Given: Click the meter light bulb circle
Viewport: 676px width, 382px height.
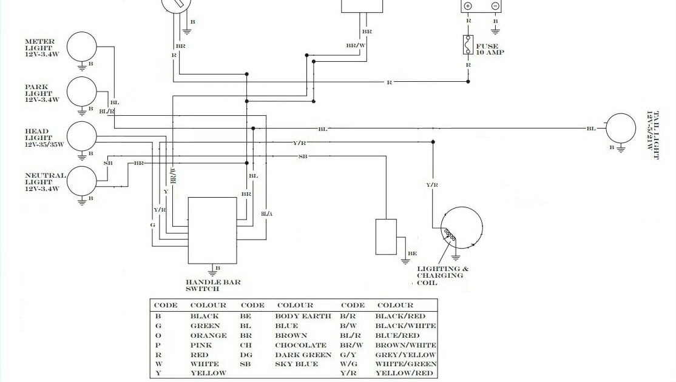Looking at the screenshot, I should [x=82, y=46].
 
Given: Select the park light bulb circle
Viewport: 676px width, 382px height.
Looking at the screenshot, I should [x=82, y=92].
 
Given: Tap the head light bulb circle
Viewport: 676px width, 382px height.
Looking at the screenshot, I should [x=82, y=136].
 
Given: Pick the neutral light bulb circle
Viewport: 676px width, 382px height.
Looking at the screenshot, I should [x=82, y=181].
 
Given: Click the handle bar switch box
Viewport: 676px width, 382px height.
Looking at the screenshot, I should [x=212, y=230].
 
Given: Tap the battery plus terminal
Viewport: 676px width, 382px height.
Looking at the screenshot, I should [x=468, y=6].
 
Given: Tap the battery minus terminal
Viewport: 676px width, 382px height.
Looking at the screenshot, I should [x=495, y=6].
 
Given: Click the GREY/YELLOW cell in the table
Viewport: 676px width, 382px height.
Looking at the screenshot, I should [x=405, y=355].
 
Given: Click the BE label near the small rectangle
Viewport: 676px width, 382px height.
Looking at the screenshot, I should [x=412, y=253].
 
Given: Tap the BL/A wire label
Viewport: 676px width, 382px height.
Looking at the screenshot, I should [x=267, y=213].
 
